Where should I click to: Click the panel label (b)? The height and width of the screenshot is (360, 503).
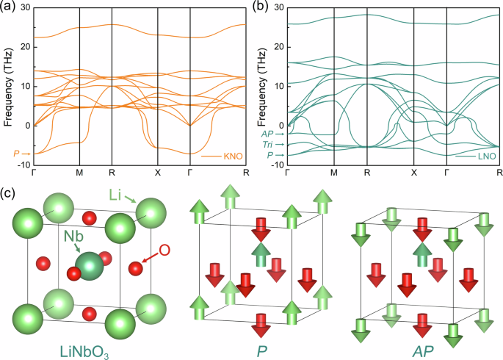(x=261, y=7)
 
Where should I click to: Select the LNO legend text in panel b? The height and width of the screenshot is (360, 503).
(x=486, y=156)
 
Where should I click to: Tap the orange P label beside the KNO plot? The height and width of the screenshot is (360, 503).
(x=17, y=153)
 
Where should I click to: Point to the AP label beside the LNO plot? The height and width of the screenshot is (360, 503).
(x=267, y=134)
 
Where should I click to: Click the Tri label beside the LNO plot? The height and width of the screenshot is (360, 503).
(x=267, y=145)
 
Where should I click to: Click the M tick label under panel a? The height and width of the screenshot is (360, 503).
(x=79, y=173)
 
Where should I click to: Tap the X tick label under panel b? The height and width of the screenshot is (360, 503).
(x=413, y=173)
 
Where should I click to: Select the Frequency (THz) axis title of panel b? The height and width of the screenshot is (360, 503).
(x=258, y=86)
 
